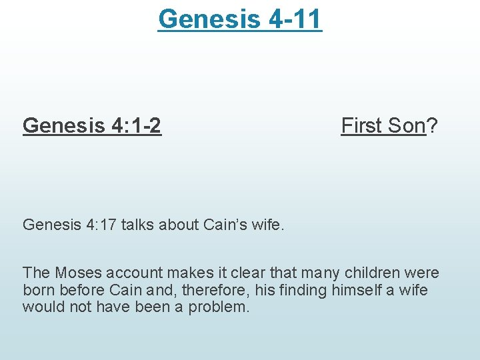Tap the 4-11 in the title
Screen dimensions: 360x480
click(x=294, y=19)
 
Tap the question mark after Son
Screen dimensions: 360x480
click(x=432, y=125)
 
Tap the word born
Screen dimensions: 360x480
click(x=38, y=290)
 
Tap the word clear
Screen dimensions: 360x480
click(x=255, y=273)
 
